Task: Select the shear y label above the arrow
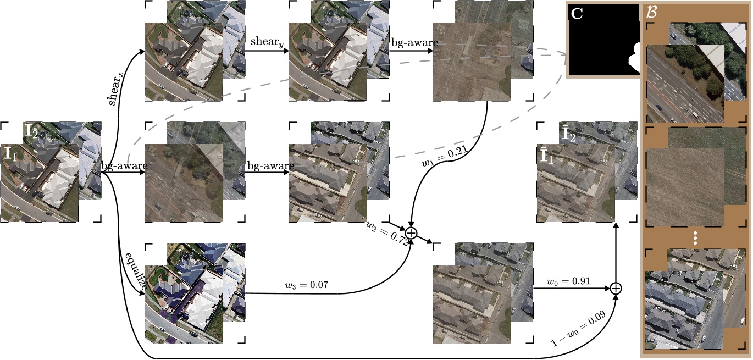click(x=266, y=42)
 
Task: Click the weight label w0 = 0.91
click(x=568, y=281)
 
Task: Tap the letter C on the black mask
click(x=577, y=14)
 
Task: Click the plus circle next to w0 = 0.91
click(x=616, y=288)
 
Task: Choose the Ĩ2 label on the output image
click(x=569, y=134)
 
